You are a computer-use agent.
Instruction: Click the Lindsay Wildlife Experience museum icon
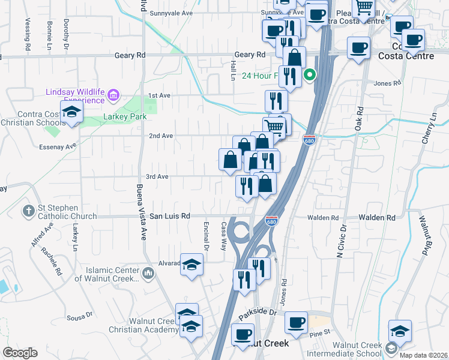[x=114, y=95]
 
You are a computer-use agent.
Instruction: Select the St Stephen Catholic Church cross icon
[x=28, y=211]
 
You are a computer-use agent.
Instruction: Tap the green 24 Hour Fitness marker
[x=310, y=76]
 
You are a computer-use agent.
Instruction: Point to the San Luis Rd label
[x=170, y=216]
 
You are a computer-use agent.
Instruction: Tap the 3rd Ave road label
[x=157, y=177]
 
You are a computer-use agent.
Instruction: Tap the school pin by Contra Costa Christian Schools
[x=71, y=113]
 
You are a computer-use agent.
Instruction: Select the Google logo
[x=20, y=353]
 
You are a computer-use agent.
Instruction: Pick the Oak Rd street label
[x=359, y=121]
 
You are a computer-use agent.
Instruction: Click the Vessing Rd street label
[x=28, y=33]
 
